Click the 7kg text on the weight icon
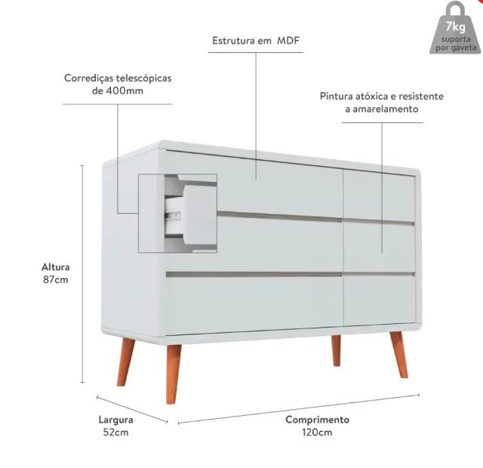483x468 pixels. point(456,27)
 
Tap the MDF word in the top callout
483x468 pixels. point(288,40)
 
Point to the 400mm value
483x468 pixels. point(125,91)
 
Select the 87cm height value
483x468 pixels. point(55,280)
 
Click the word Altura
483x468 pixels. point(55,266)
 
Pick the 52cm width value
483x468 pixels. point(115,433)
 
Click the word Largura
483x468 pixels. point(115,420)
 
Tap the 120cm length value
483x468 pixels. point(317,433)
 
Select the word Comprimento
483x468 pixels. point(317,420)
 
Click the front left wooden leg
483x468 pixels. point(173,374)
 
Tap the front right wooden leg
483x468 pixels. point(399,354)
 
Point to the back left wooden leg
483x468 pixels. point(125,362)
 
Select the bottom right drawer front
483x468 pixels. point(380,300)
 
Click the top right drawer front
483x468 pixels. point(380,196)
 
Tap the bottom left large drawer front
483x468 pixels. point(254,304)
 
